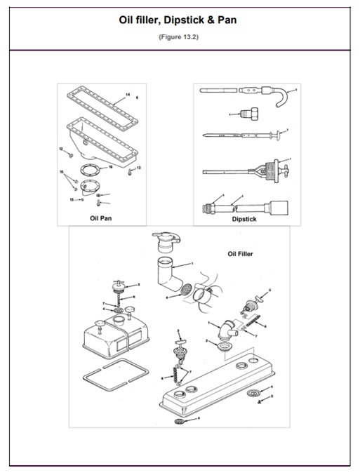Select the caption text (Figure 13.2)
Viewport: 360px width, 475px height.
click(179, 37)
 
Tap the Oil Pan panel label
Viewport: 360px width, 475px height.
click(101, 218)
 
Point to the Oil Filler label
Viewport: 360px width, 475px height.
click(241, 254)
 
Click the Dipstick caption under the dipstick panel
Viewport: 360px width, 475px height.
click(244, 219)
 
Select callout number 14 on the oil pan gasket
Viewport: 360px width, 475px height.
click(128, 95)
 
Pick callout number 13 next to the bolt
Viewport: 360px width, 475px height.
click(138, 167)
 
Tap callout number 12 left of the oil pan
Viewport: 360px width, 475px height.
click(61, 148)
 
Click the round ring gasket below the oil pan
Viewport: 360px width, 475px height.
click(91, 170)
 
